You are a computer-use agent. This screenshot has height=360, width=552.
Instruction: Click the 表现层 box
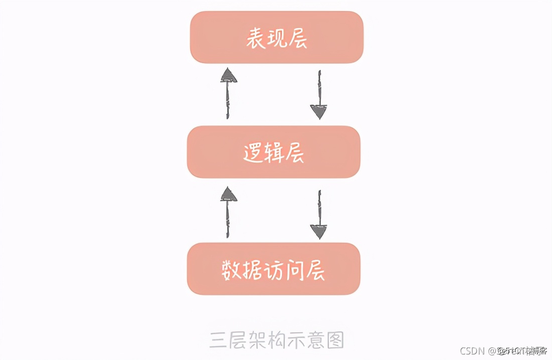click(276, 38)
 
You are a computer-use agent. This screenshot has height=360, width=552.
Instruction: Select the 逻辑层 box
click(273, 152)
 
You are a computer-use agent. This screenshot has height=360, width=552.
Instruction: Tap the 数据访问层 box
click(273, 269)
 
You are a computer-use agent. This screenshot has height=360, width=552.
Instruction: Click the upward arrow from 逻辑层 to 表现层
click(228, 94)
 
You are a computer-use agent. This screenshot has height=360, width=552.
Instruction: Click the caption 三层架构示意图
click(277, 339)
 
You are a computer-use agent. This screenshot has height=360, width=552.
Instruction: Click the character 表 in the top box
click(255, 39)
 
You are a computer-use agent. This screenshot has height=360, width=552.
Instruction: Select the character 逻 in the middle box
click(253, 153)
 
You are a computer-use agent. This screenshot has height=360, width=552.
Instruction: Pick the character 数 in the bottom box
click(231, 270)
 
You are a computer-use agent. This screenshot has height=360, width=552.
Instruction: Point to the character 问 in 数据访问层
click(294, 270)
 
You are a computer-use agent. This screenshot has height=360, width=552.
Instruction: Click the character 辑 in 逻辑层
click(274, 153)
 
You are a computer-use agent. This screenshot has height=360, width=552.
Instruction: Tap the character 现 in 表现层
click(276, 39)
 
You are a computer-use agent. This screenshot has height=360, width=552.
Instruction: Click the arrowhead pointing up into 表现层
click(228, 76)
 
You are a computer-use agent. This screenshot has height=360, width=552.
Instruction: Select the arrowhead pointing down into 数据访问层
click(319, 231)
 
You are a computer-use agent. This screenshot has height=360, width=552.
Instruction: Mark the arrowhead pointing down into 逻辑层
click(319, 112)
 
